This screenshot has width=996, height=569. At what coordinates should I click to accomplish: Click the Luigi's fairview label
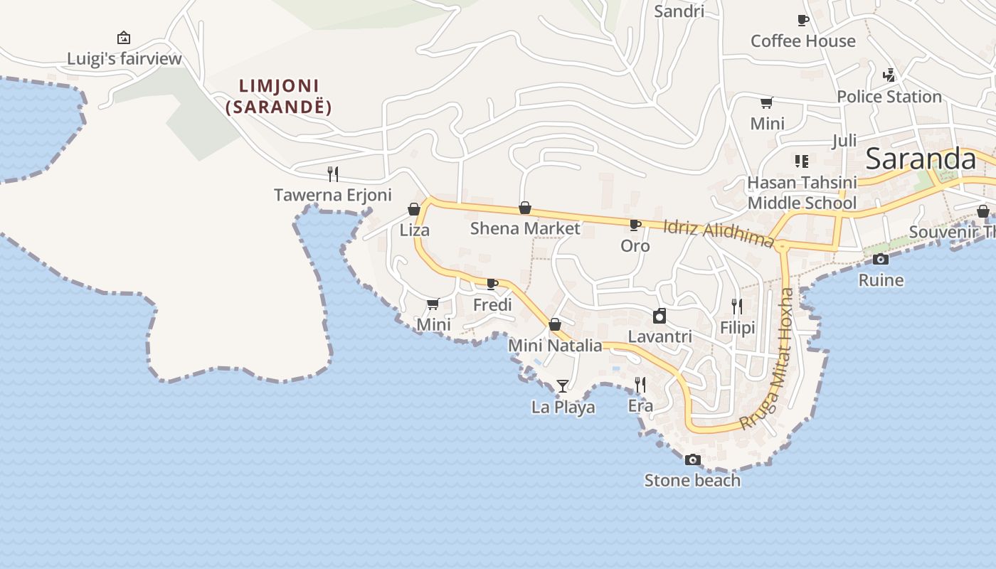click(124, 58)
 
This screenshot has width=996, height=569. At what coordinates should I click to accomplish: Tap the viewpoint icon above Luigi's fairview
click(124, 38)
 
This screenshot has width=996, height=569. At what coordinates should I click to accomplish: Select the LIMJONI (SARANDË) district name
click(279, 97)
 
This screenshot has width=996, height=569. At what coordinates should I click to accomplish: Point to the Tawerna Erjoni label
click(333, 195)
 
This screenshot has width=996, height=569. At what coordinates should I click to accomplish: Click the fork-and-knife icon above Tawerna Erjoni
click(332, 173)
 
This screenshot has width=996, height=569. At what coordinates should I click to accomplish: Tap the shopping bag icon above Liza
click(414, 209)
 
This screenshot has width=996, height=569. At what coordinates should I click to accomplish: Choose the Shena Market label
click(525, 228)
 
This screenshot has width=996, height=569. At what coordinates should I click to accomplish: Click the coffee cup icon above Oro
click(635, 225)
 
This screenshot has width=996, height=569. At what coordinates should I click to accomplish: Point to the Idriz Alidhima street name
click(718, 233)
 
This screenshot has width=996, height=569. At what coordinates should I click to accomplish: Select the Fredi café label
click(492, 305)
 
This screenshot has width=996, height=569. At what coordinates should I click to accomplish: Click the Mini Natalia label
click(555, 346)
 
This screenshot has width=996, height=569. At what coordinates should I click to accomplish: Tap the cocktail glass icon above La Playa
click(563, 386)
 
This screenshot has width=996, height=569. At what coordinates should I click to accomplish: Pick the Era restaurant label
click(640, 406)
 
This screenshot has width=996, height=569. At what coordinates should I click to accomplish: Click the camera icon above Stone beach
click(692, 460)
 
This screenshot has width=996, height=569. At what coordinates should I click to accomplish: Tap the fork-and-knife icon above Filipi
click(737, 307)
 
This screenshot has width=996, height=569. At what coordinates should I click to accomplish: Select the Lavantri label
click(659, 336)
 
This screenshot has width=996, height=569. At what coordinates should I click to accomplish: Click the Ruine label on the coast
click(881, 280)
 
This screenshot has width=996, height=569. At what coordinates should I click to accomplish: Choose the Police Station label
click(889, 97)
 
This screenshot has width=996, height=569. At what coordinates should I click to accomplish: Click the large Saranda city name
click(921, 159)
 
